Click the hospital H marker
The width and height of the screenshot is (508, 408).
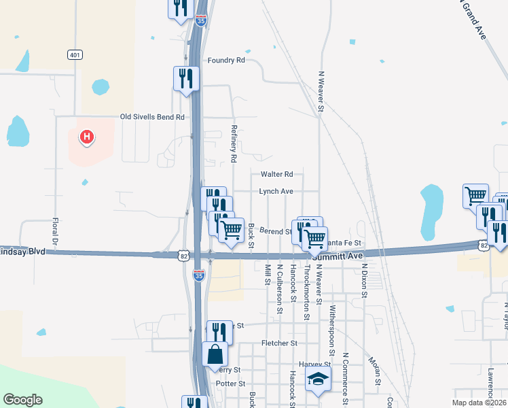[86, 138]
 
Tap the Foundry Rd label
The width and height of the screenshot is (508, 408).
[226, 61]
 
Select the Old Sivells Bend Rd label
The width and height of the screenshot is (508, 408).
[152, 117]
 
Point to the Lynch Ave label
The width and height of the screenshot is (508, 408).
[276, 192]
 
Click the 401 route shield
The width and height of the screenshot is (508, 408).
[75, 54]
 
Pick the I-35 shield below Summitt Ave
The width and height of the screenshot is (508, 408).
[198, 275]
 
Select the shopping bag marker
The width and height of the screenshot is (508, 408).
[215, 354]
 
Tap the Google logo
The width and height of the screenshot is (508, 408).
[22, 400]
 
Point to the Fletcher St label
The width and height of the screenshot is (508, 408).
[279, 344]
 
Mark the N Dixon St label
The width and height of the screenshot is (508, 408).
[364, 281]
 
